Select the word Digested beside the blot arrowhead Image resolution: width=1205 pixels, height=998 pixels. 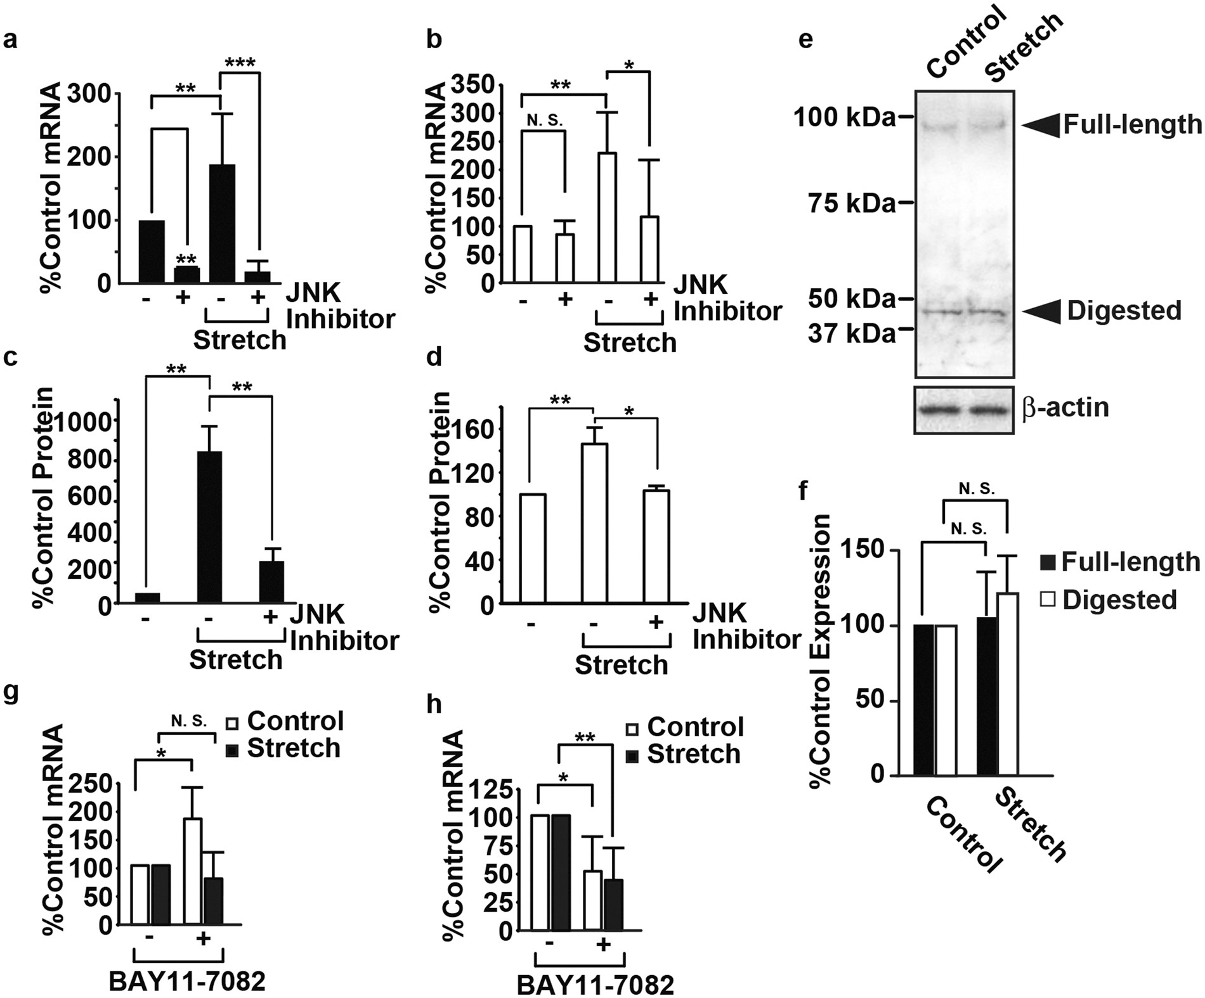coord(1124,311)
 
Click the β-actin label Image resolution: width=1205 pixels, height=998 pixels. coord(1065,407)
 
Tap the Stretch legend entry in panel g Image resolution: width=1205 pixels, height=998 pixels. coord(283,749)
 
